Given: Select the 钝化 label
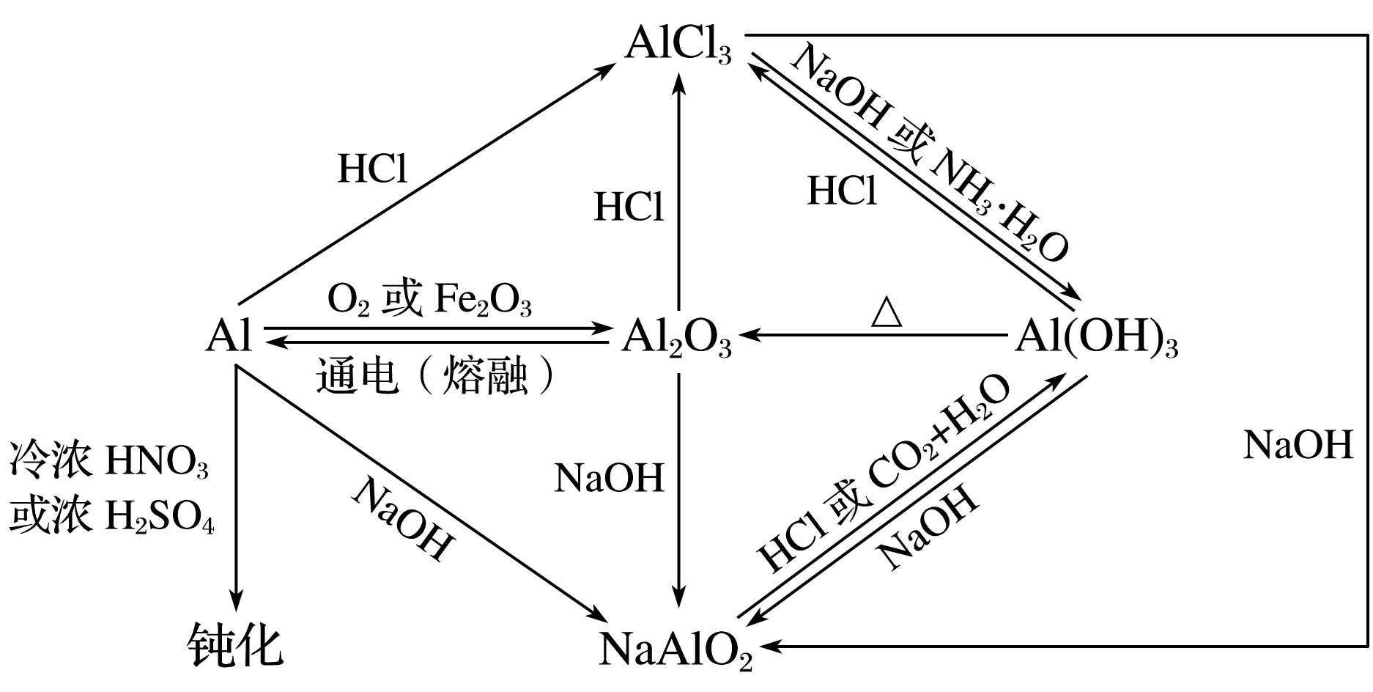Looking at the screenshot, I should point(234,645).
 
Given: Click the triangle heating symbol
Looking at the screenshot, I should point(887,312).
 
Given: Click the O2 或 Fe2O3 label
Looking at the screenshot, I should point(429,301).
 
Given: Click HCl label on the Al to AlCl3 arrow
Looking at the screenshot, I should point(372,169).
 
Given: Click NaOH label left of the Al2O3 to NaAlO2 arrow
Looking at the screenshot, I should point(609,479).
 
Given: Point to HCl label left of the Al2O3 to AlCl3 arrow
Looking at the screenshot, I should point(629,207).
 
